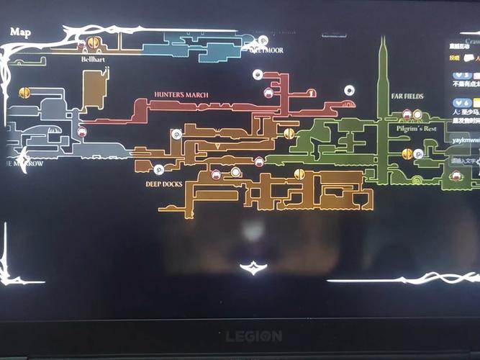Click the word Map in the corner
pos(20,32)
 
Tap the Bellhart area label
pos(94,60)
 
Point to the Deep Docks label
pos(163,184)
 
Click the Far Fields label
pos(407,96)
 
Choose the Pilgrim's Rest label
pos(417,128)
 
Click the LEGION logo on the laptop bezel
pos(254,336)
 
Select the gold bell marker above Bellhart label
pos(94,43)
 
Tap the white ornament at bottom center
pos(253,268)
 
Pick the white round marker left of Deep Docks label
pos(159,170)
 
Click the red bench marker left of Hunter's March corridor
pos(82,132)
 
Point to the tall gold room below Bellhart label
pos(94,89)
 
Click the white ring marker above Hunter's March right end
pos(349,90)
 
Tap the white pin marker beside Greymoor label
pos(263,40)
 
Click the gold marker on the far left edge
pos(24,93)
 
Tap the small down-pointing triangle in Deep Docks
pos(218,145)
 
